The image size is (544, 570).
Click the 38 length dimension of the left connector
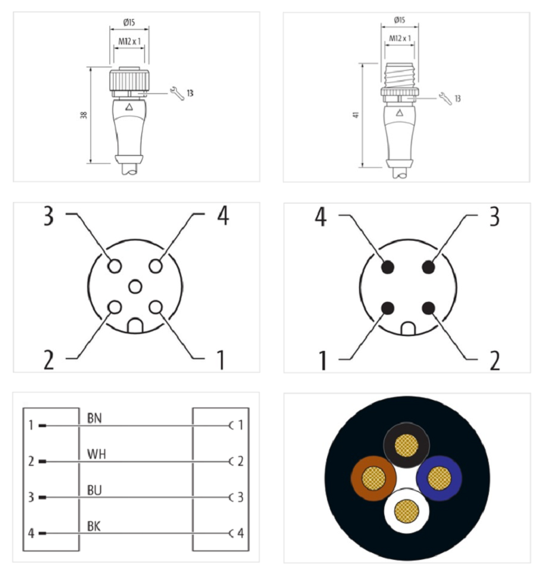[x=84, y=115]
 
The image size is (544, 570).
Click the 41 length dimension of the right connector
[x=356, y=115]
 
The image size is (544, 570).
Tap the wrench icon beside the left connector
[x=177, y=93]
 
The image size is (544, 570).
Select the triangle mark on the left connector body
[x=130, y=107]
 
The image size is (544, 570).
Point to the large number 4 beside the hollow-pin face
[x=222, y=217]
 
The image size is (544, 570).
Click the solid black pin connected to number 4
[x=388, y=267]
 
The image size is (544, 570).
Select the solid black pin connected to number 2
[x=428, y=308]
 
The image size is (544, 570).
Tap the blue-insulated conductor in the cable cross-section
[x=439, y=477]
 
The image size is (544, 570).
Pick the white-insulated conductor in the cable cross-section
[x=406, y=510]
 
